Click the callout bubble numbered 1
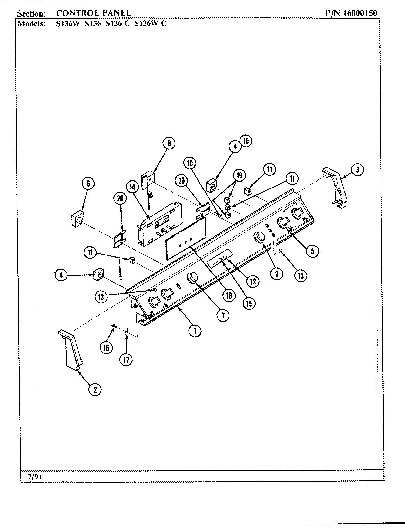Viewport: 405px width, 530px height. [x=195, y=331]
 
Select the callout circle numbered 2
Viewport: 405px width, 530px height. [x=95, y=390]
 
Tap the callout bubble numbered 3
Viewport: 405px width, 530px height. [x=358, y=170]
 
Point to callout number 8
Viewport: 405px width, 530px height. [x=169, y=143]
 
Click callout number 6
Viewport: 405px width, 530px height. [x=88, y=184]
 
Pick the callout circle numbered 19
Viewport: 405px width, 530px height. [x=239, y=175]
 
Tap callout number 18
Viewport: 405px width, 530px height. [x=229, y=295]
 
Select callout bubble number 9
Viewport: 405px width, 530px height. [x=276, y=273]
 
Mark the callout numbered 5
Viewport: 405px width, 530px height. [x=312, y=250]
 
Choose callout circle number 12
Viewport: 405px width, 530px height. [x=252, y=281]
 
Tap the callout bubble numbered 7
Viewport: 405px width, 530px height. [x=223, y=315]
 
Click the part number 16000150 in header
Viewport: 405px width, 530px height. [x=360, y=13]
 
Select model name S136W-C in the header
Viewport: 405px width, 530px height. [x=150, y=24]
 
